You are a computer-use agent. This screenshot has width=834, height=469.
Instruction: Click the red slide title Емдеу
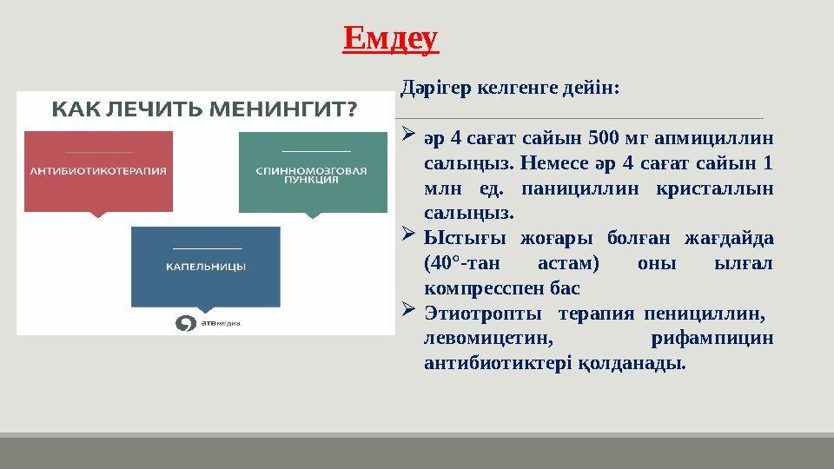(x=391, y=39)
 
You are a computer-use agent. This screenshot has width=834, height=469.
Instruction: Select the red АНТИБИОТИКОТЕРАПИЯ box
(x=98, y=171)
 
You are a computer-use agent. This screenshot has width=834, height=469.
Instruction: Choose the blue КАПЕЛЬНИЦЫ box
(x=205, y=267)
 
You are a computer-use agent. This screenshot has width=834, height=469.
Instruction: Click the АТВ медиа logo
(x=207, y=323)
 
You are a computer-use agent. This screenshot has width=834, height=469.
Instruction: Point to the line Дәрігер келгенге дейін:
(x=509, y=89)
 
